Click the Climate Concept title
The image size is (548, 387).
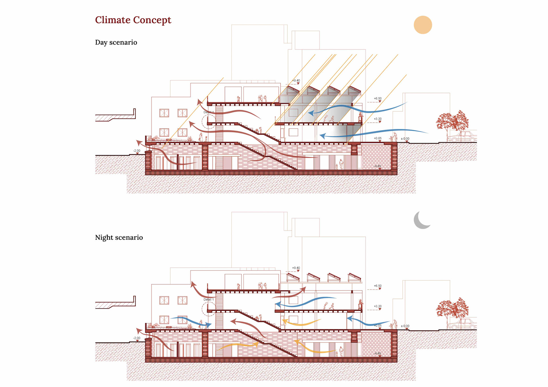[x=133, y=20]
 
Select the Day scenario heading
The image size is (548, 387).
[x=116, y=42]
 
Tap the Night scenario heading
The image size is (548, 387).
[x=119, y=238]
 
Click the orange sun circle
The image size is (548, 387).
[x=423, y=25]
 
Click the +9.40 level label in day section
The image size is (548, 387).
[x=296, y=81]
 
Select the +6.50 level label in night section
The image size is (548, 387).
[x=378, y=286]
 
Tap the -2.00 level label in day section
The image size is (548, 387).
[x=137, y=151]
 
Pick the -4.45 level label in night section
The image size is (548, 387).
[x=377, y=353]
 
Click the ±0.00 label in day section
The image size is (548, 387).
[x=405, y=139]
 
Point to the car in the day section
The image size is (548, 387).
[x=462, y=137]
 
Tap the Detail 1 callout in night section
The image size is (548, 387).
[x=209, y=299]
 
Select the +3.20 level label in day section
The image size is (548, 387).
[x=378, y=119]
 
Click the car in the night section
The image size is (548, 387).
[x=462, y=324]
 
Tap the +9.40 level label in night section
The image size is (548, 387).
[x=296, y=268]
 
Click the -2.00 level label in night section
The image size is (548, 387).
[x=137, y=338]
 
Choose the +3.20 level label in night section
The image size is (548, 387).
[x=378, y=306]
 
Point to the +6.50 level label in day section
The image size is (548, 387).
[x=378, y=98]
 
